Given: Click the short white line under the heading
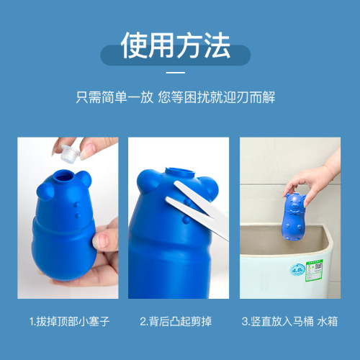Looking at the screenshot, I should (176, 73).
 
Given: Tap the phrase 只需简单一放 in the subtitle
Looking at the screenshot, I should (114, 98).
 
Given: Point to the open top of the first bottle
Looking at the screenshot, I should (70, 173).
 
